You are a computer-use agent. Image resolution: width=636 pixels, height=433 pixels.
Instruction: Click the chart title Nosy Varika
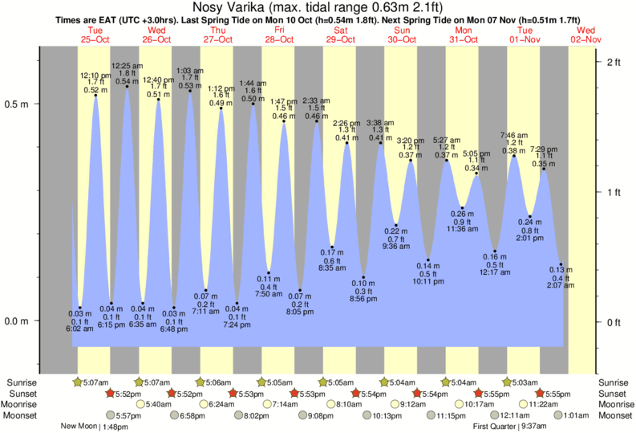tap(317, 7)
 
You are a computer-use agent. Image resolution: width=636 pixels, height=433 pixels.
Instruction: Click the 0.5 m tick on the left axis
tap(17, 104)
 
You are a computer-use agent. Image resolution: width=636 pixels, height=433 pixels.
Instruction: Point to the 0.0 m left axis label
tap(17, 321)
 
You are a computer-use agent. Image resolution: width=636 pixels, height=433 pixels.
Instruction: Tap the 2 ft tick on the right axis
tap(615, 62)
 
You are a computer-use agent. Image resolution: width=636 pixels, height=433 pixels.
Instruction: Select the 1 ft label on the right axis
tap(615, 192)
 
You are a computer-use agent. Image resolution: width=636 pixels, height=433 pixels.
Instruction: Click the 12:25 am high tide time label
tap(127, 65)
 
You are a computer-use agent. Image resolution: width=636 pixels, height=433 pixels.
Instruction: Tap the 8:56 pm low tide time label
tap(363, 299)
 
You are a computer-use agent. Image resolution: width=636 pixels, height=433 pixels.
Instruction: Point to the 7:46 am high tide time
tap(513, 134)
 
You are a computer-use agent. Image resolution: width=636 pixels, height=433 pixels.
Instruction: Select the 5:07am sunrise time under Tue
tap(96, 382)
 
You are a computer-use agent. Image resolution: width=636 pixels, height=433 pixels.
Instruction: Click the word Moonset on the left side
tap(23, 415)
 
